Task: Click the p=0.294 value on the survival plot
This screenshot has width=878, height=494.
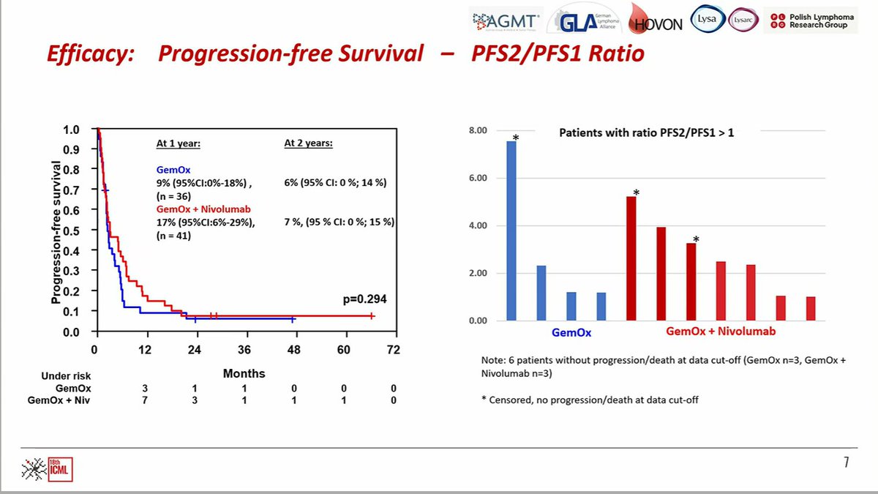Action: tap(364, 299)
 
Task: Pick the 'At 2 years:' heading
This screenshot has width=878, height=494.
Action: tap(309, 143)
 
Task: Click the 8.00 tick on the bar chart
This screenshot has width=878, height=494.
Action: tap(477, 131)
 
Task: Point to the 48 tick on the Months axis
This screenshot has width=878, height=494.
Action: tap(293, 349)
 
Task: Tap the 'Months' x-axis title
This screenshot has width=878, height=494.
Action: tap(244, 373)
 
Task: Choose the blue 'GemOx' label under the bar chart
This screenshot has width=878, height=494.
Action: tap(572, 332)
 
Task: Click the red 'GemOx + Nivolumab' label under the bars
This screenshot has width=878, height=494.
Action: tap(721, 332)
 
